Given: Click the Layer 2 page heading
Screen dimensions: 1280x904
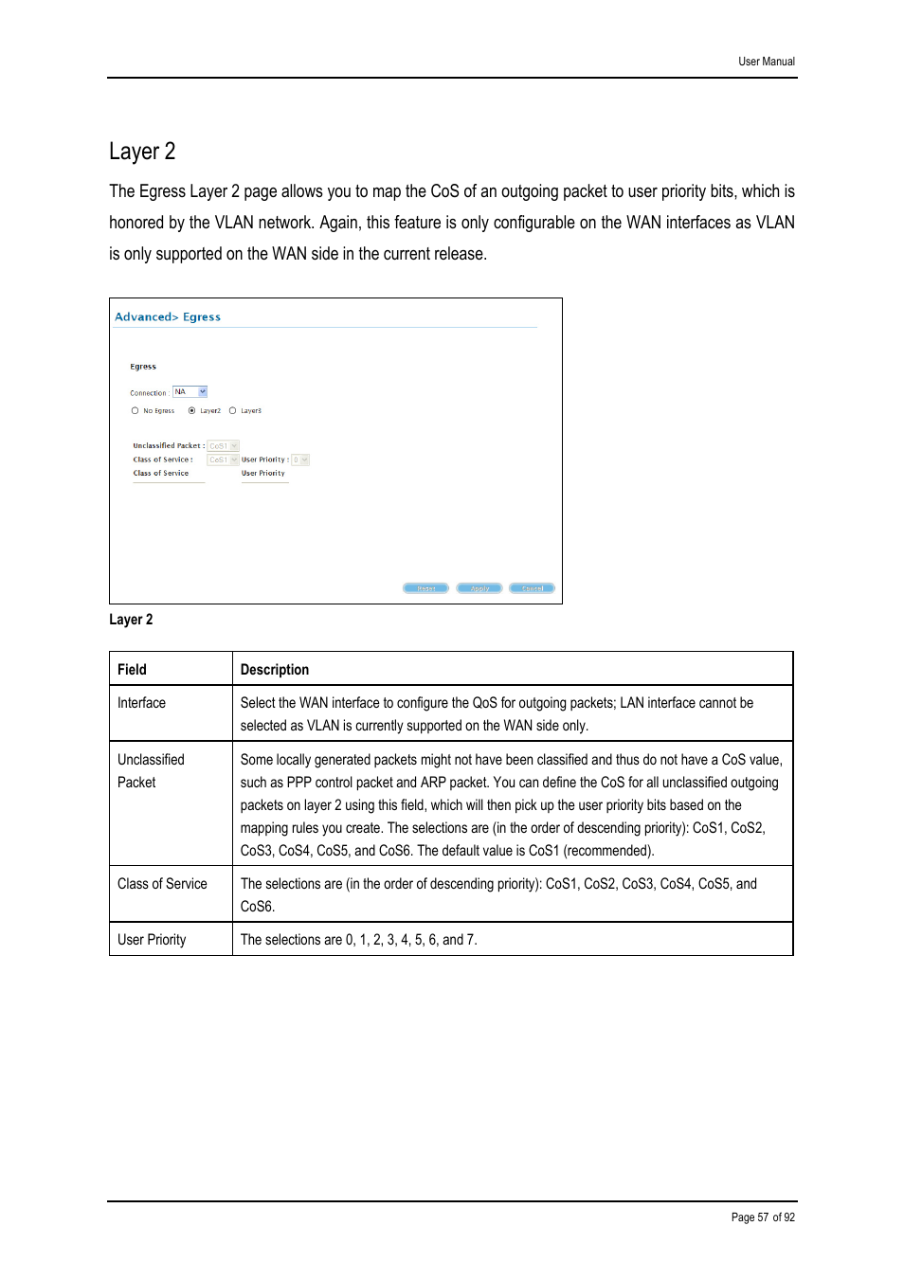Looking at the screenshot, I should click(142, 152).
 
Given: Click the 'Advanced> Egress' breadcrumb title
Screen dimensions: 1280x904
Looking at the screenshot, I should click(168, 317).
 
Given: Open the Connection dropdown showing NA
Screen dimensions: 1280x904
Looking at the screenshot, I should click(190, 392).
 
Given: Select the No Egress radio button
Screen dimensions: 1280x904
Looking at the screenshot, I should click(136, 411).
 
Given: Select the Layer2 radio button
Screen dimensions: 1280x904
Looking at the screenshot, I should click(192, 411).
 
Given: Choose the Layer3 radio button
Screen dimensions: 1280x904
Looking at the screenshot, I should click(233, 411).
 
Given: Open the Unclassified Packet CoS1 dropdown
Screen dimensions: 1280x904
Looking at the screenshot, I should click(223, 446).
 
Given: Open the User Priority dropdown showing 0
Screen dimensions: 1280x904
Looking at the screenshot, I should click(300, 460).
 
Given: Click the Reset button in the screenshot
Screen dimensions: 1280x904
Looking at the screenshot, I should click(425, 588).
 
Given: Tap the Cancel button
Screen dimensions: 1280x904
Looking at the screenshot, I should click(532, 588).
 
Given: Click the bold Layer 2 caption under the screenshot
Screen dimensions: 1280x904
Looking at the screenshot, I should click(131, 620).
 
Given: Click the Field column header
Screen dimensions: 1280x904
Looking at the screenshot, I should click(132, 670).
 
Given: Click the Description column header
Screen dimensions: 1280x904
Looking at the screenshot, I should click(275, 670).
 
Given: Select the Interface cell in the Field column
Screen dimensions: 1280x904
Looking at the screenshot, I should click(141, 703).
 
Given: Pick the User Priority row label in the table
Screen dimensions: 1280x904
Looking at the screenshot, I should click(152, 940).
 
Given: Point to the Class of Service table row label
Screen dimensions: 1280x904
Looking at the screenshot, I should click(162, 884).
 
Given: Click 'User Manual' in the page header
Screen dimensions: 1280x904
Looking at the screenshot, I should click(767, 62).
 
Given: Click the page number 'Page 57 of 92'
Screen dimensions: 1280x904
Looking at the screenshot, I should click(763, 1217).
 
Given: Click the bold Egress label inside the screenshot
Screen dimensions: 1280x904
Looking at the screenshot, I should click(143, 367).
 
